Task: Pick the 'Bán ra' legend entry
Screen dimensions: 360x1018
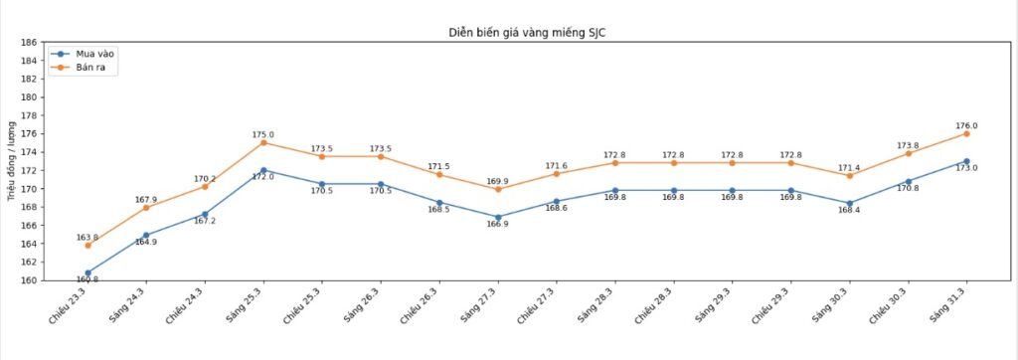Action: (90, 68)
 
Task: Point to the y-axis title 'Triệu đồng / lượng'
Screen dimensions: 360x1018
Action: (12, 161)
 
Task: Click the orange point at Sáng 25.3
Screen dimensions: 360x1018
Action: (263, 142)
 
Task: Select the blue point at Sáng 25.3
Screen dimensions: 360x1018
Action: (263, 170)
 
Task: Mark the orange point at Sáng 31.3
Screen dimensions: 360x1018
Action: (966, 133)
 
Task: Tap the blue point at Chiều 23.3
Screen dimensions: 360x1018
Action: (87, 272)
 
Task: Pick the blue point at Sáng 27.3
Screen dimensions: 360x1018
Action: (497, 217)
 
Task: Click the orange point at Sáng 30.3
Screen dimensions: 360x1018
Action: (849, 175)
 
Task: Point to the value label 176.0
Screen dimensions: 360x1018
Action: (966, 125)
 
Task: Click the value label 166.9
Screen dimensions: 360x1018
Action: (497, 226)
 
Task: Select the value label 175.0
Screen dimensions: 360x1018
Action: (263, 134)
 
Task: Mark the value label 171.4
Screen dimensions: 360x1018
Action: (849, 167)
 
